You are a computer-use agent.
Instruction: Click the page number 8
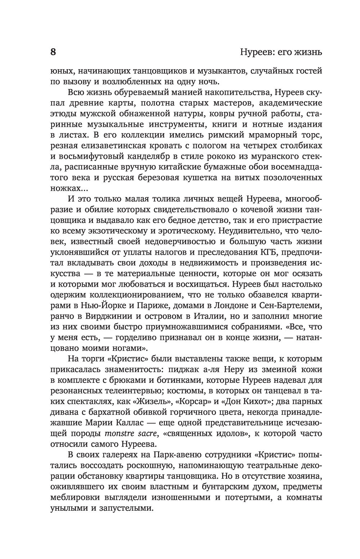pos(53,52)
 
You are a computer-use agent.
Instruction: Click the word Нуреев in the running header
pos(255,53)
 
